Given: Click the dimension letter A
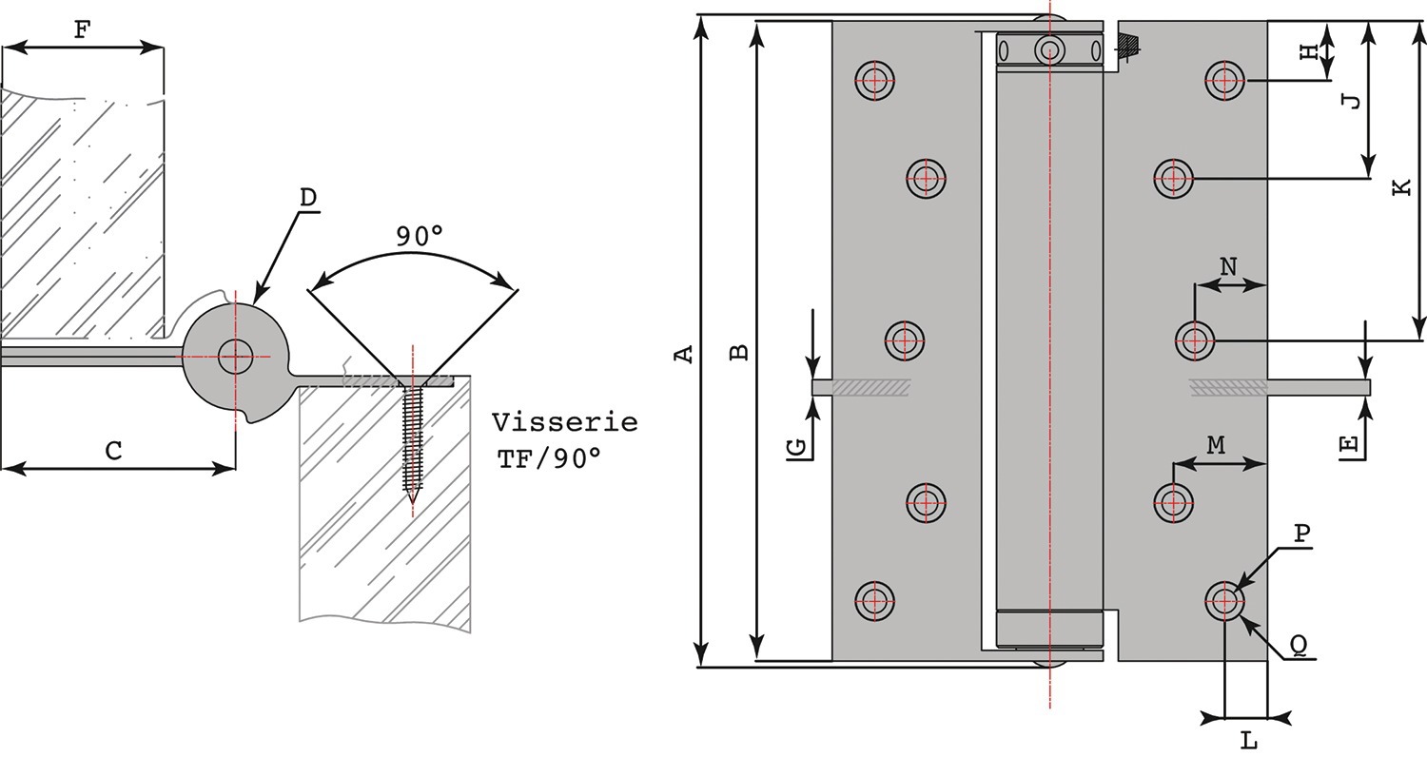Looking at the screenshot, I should (683, 354).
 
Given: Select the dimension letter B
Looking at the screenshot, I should (739, 352).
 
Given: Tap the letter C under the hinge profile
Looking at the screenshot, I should (113, 451).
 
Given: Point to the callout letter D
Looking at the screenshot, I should (307, 198).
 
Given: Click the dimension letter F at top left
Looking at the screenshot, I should (82, 29).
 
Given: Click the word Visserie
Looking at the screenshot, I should (564, 421).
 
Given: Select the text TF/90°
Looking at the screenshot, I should (549, 458).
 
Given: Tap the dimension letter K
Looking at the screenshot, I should (1402, 187).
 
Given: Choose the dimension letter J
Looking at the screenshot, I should (1353, 100).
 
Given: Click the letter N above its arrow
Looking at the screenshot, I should (1228, 267).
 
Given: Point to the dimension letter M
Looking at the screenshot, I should (1216, 444).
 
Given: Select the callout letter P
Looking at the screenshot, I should (1302, 534).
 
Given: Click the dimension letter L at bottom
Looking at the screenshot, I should (1249, 738).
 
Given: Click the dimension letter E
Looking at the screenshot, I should (1349, 444).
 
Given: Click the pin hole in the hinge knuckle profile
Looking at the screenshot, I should (235, 357).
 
